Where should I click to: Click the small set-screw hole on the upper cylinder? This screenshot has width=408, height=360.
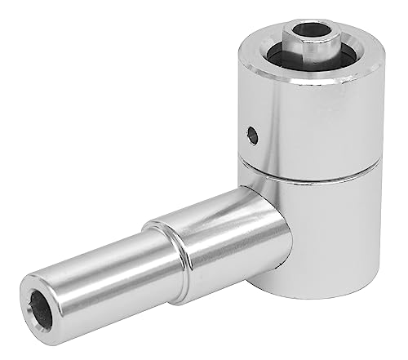[253, 135]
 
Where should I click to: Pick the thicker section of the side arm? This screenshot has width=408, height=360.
[220, 237]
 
